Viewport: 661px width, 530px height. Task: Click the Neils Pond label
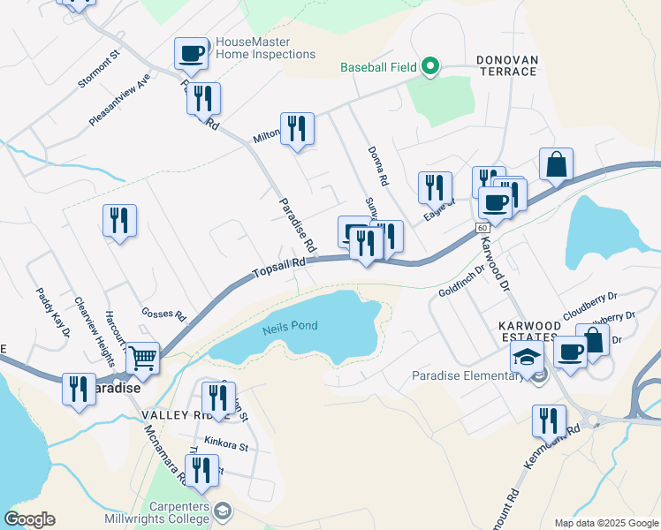pyautogui.click(x=290, y=327)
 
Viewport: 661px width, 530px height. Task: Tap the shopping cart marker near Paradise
pyautogui.click(x=141, y=359)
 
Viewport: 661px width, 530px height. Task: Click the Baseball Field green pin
pyautogui.click(x=429, y=67)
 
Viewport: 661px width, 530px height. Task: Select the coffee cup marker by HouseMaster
pyautogui.click(x=191, y=54)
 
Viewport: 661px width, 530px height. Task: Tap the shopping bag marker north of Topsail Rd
pyautogui.click(x=556, y=164)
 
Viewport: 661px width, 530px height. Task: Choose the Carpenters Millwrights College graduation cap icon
pyautogui.click(x=224, y=510)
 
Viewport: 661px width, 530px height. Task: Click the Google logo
pyautogui.click(x=29, y=519)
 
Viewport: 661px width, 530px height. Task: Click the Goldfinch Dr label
pyautogui.click(x=461, y=284)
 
